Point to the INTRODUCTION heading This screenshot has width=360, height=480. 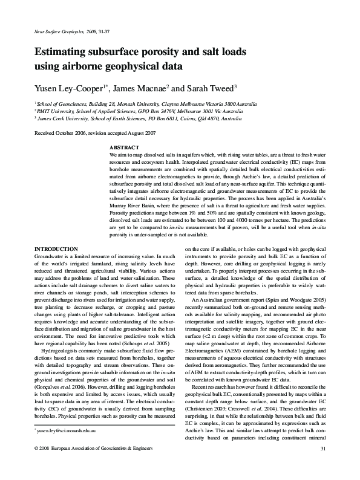pos(56,249)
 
